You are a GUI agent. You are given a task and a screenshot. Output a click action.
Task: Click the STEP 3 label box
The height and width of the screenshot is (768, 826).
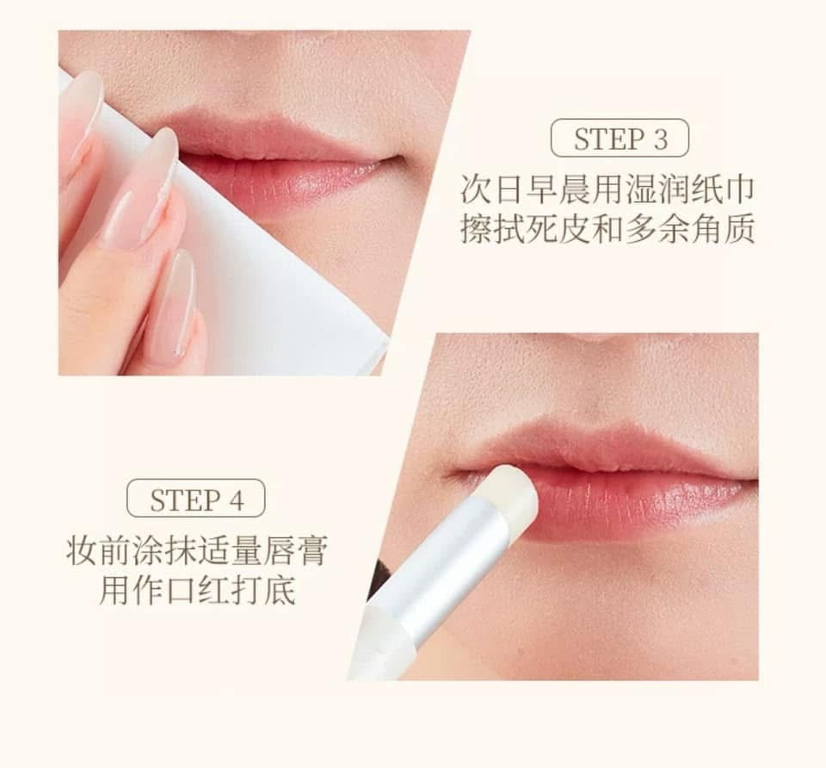[x=619, y=138]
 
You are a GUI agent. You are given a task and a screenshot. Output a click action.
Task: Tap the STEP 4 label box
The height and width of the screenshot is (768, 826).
[x=196, y=499]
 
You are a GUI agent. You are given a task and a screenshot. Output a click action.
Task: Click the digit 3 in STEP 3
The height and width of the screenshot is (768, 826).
[x=660, y=139]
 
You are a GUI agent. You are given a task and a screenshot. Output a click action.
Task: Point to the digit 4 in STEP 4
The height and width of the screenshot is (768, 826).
[x=236, y=499]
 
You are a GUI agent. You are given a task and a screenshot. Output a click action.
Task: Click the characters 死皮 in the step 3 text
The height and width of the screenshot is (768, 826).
[x=564, y=231]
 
